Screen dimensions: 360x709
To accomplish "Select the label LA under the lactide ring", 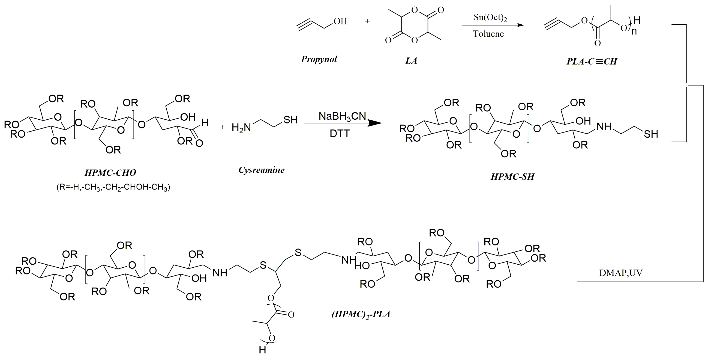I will click(x=411, y=61).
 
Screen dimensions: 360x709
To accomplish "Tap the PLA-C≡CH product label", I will click(x=592, y=61).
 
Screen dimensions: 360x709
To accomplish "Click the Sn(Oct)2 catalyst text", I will click(x=490, y=18).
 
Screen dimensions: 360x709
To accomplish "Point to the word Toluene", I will click(x=488, y=34).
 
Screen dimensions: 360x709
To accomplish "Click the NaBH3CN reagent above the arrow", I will click(x=342, y=116).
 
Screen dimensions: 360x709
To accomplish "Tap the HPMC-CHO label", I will click(x=110, y=173).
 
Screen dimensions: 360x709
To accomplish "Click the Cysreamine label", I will click(x=261, y=170).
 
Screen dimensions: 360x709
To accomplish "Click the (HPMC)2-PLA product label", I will click(x=361, y=314).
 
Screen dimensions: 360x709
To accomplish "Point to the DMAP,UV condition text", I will click(x=621, y=273).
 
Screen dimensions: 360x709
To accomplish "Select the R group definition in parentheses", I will click(x=113, y=187).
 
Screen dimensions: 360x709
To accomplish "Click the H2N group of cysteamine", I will click(x=241, y=127).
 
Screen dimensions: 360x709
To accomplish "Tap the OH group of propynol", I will click(x=340, y=21).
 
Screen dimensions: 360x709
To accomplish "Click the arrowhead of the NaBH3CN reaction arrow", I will click(x=375, y=123).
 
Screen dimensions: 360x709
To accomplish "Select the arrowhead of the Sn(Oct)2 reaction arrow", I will click(x=520, y=25).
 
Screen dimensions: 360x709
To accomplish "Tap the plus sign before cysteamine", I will click(x=223, y=127).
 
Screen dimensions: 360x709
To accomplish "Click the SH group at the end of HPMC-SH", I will click(x=651, y=134).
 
